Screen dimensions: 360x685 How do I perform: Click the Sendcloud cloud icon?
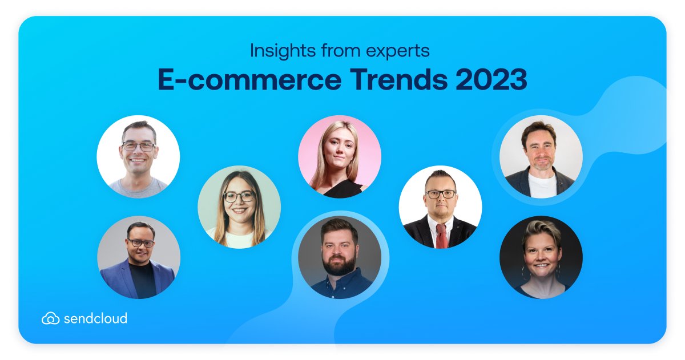pos(50,318)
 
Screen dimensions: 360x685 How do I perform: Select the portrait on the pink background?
pos(340,156)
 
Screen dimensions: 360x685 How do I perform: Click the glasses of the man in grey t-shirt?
pos(138,146)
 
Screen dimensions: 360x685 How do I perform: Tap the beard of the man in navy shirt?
pos(340,266)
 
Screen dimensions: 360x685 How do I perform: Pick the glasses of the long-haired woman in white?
pos(239,197)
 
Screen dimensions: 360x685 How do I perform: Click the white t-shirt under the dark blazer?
pos(541,185)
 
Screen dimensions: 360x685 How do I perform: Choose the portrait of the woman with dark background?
pos(541,257)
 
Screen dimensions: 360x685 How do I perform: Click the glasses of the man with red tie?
pos(441,194)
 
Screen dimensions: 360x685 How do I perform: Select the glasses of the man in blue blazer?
pos(140,243)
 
